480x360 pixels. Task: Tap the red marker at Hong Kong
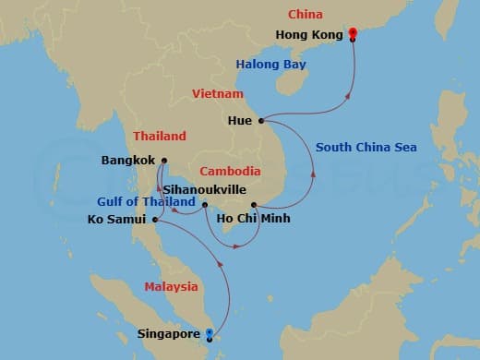tap(353, 34)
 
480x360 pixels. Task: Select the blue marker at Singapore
tap(210, 333)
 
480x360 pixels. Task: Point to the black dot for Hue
tap(262, 120)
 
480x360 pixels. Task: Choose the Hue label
tap(241, 120)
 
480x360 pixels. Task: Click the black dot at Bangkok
tap(162, 160)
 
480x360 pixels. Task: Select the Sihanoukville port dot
tap(205, 204)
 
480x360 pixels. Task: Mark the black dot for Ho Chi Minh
tap(253, 205)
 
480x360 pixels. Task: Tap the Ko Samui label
tap(117, 220)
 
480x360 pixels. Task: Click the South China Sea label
tap(366, 147)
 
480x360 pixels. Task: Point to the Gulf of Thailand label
tap(146, 201)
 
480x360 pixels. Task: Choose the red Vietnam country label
tap(217, 94)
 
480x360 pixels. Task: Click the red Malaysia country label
tap(171, 286)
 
